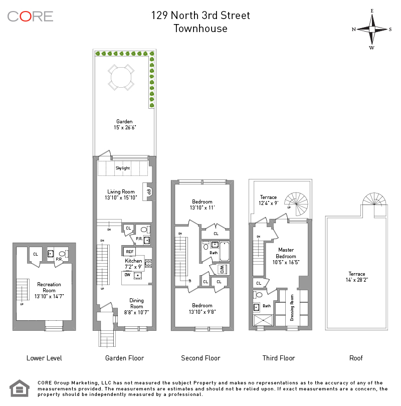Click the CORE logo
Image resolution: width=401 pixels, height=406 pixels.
(x=30, y=16)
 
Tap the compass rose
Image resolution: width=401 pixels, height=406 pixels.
(x=372, y=29)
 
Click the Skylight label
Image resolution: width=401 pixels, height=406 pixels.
(x=122, y=168)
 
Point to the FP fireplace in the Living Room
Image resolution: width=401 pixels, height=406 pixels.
(x=148, y=191)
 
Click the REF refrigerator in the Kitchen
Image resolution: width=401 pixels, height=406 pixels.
(x=129, y=252)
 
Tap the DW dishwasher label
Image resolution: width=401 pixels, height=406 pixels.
(x=127, y=275)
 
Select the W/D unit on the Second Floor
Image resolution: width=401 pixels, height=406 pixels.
(x=221, y=269)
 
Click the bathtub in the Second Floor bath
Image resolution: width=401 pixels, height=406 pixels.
(x=224, y=252)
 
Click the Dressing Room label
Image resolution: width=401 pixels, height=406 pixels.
(x=292, y=310)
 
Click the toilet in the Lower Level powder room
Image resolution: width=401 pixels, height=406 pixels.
(x=62, y=254)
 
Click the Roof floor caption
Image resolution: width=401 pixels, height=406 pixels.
(x=356, y=358)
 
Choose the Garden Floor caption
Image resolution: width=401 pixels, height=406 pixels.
(x=124, y=358)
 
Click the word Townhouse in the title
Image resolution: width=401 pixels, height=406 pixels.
(x=200, y=29)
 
